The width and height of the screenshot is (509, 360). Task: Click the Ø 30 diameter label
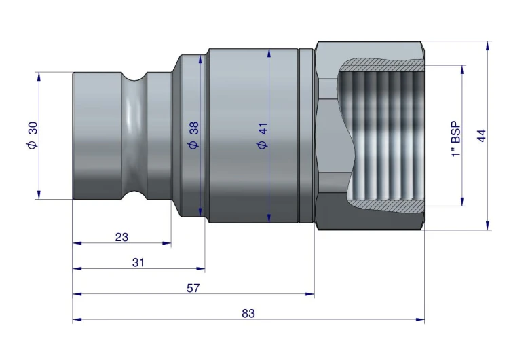click(33, 135)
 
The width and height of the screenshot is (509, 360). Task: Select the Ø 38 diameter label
click(194, 135)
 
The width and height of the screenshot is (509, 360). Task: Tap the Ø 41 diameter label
click(263, 135)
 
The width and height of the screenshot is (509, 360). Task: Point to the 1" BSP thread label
click(456, 139)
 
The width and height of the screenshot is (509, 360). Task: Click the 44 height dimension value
click(482, 135)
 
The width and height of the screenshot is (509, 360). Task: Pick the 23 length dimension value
click(121, 237)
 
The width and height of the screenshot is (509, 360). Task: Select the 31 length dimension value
click(138, 262)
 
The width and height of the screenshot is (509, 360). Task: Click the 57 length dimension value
click(193, 288)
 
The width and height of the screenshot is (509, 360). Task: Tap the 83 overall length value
click(248, 314)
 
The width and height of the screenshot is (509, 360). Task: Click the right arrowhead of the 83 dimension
click(420, 319)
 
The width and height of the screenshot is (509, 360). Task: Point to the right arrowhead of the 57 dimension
click(310, 294)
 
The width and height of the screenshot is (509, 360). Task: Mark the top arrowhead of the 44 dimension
click(487, 46)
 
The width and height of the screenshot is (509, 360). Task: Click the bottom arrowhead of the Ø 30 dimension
click(39, 194)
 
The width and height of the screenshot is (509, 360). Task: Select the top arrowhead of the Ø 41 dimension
click(269, 53)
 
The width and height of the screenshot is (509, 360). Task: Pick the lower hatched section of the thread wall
click(386, 206)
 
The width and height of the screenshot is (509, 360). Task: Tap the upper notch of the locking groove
click(134, 77)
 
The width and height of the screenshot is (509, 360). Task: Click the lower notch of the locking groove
click(134, 195)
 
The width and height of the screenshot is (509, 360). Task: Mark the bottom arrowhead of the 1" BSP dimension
click(462, 201)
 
